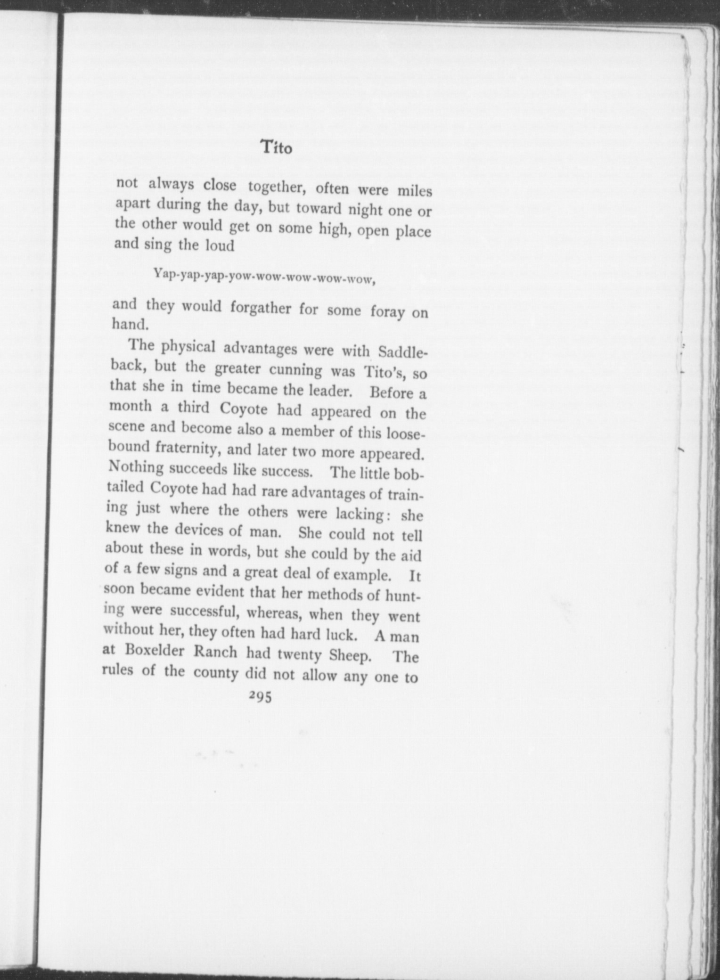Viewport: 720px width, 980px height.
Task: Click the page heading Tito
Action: [x=277, y=147]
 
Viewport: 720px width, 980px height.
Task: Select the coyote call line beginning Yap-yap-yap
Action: [x=265, y=278]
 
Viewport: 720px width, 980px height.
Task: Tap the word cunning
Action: [x=295, y=370]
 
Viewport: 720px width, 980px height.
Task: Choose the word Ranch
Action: [x=221, y=653]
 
